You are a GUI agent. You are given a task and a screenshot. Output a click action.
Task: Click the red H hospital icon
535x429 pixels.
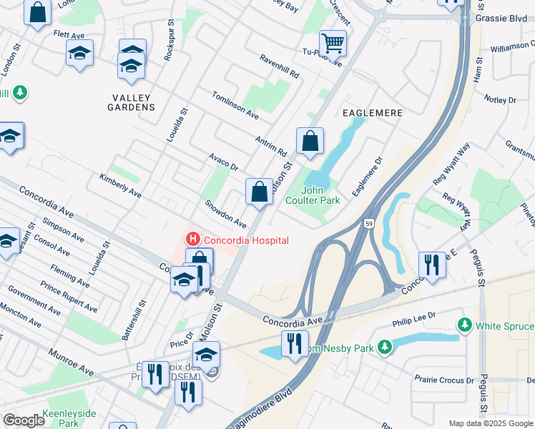click(191, 240)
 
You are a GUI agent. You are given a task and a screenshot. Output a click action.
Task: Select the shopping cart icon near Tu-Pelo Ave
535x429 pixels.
click(333, 44)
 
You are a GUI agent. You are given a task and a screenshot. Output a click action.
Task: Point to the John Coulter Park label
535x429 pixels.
click(320, 195)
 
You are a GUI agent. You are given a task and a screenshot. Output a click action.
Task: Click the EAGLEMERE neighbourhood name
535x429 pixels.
click(372, 113)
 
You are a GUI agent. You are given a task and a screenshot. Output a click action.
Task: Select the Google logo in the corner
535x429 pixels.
click(24, 420)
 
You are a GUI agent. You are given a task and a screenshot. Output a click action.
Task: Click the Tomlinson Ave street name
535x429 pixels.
click(235, 104)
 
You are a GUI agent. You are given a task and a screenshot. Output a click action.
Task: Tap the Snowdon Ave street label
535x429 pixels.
click(225, 214)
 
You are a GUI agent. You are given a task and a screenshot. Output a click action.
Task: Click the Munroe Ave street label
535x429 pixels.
click(72, 363)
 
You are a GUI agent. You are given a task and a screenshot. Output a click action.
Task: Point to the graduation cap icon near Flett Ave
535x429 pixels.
click(80, 53)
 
